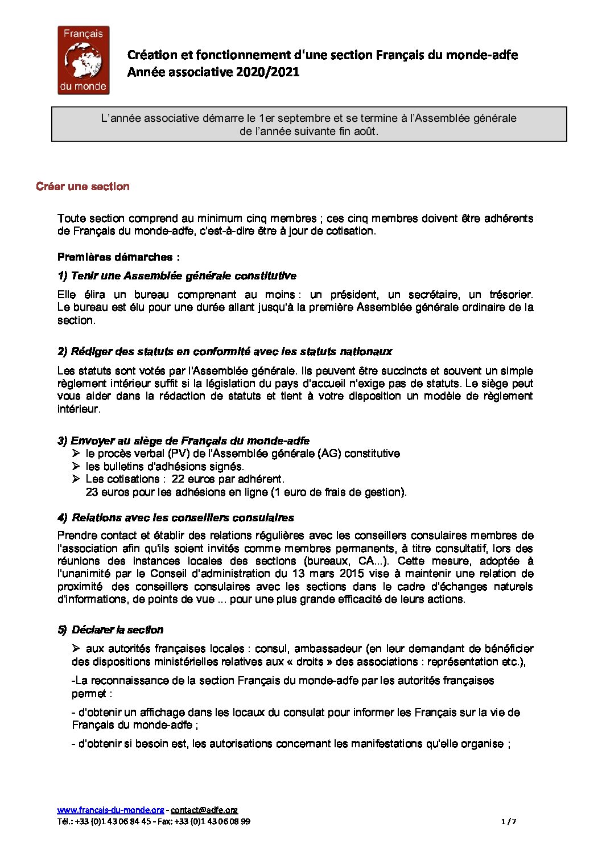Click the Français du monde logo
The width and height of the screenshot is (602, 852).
[83, 60]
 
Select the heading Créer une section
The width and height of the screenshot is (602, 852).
[83, 187]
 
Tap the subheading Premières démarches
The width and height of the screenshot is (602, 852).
[118, 257]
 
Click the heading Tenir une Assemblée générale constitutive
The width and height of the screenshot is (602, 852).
[177, 276]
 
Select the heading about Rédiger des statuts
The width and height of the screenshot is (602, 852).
[225, 352]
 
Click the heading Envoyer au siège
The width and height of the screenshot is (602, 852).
[183, 441]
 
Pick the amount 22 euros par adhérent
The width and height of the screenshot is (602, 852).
[227, 479]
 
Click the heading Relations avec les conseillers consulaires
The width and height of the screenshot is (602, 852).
[176, 518]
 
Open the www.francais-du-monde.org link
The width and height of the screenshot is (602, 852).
[110, 810]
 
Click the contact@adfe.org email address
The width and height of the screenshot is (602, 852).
[204, 810]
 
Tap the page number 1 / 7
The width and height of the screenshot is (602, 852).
[509, 821]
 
